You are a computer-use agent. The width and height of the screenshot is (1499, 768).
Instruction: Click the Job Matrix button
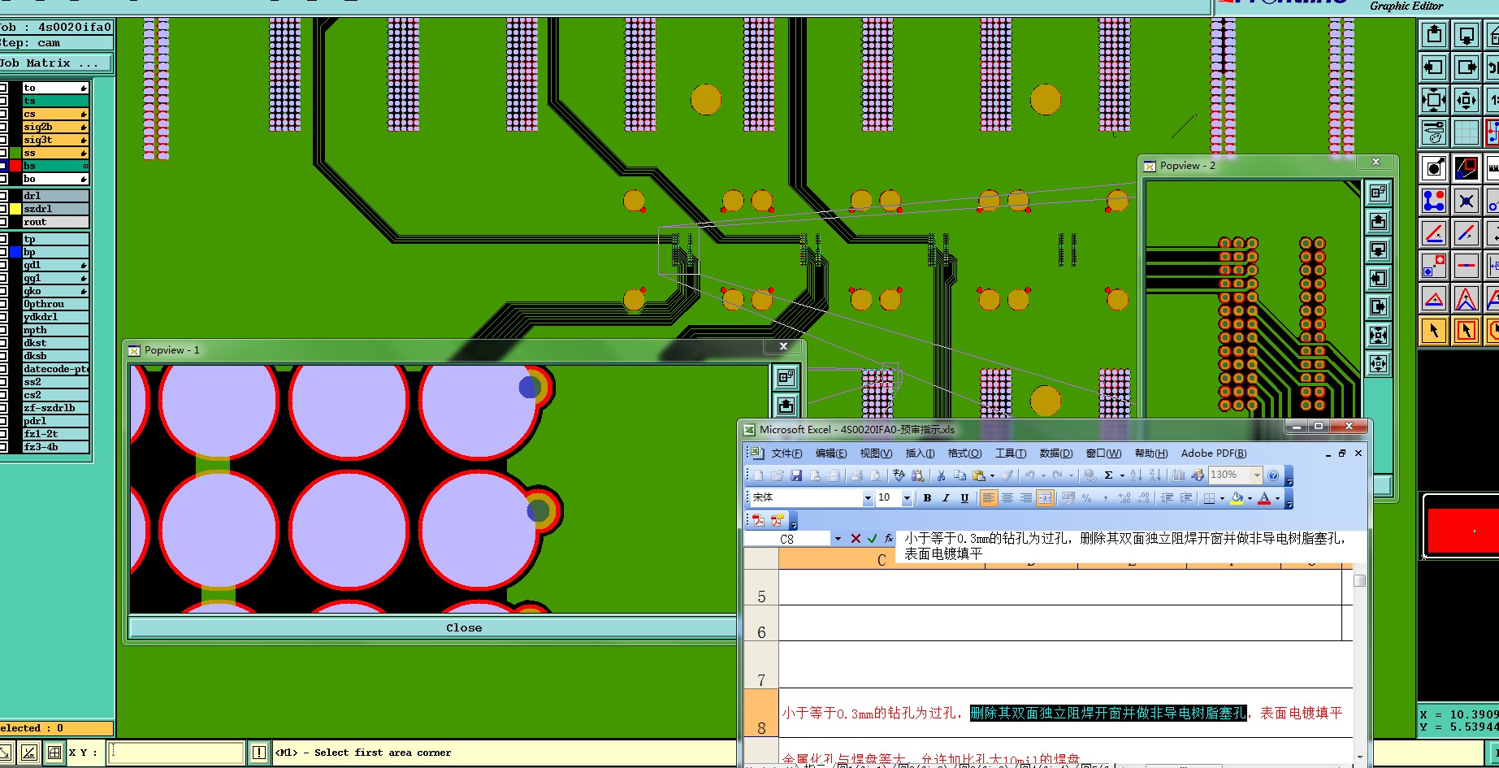(50, 63)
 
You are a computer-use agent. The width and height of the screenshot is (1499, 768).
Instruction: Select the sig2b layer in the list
(54, 127)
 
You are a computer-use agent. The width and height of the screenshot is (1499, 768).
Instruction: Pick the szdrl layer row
(54, 209)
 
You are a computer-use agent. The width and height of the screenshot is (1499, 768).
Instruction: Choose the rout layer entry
(54, 222)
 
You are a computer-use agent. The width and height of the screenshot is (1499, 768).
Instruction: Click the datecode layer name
(55, 369)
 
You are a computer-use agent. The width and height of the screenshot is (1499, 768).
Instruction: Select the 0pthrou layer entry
(54, 304)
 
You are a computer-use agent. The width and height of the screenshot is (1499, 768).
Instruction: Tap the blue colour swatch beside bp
(15, 252)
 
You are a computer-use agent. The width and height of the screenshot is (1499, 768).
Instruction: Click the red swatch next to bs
(15, 166)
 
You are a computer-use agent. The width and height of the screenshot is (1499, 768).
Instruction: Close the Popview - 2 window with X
(1376, 162)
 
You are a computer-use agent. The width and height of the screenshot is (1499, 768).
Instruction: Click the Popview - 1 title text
(171, 350)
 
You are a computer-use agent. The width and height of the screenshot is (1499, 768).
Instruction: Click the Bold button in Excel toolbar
(927, 498)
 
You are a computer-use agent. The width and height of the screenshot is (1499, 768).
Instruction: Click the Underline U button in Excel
(964, 498)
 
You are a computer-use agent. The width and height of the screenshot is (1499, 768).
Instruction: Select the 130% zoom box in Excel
(1228, 475)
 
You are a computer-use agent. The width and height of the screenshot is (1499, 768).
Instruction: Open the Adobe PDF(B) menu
(1213, 453)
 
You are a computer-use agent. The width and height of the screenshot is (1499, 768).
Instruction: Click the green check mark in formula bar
(872, 538)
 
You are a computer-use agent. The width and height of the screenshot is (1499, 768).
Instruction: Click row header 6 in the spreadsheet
(761, 631)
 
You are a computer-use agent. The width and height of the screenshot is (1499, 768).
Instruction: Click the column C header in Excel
(882, 559)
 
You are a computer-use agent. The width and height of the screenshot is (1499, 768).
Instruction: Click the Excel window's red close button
(1349, 427)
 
